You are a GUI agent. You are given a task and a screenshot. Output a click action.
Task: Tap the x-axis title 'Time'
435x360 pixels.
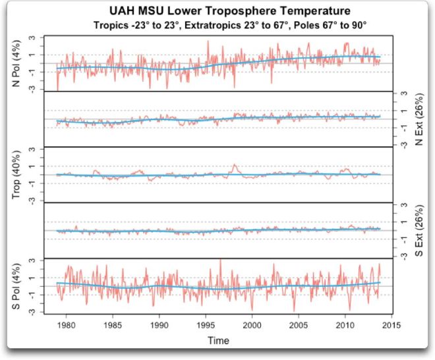(x=217, y=341)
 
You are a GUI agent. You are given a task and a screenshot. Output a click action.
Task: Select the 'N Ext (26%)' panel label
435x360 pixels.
(x=419, y=119)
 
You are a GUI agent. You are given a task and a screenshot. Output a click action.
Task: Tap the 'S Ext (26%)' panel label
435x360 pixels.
(x=419, y=230)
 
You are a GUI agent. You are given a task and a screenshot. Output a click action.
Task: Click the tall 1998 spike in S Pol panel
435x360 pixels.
(x=220, y=261)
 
